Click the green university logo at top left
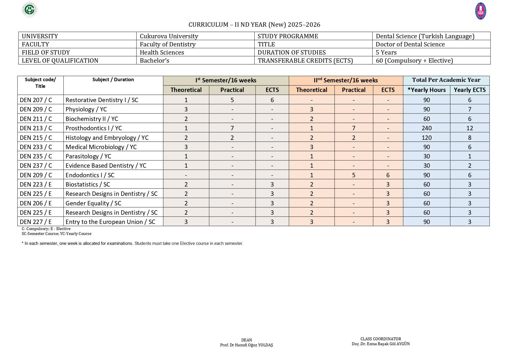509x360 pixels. click(30, 10)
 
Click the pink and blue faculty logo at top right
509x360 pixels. click(481, 11)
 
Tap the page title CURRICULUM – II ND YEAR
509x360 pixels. click(254, 25)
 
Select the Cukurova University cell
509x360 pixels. click(169, 36)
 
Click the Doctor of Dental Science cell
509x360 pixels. click(410, 44)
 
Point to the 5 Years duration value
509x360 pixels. click(386, 53)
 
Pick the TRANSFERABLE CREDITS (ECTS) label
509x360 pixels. click(305, 61)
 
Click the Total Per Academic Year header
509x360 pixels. click(446, 80)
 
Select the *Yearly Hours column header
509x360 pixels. click(426, 90)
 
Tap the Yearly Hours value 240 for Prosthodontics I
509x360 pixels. click(426, 128)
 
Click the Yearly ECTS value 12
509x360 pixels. click(470, 128)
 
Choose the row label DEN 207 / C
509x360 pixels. click(36, 100)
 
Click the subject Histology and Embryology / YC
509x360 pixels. click(107, 138)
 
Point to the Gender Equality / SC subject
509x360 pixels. click(93, 203)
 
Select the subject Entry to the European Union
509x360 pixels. click(110, 222)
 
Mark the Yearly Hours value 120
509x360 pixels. click(426, 138)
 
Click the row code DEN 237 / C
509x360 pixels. click(36, 166)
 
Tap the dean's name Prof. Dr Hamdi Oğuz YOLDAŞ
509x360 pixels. click(247, 345)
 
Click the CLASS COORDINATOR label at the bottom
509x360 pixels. click(381, 339)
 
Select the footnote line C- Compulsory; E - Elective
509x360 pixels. click(46, 229)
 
